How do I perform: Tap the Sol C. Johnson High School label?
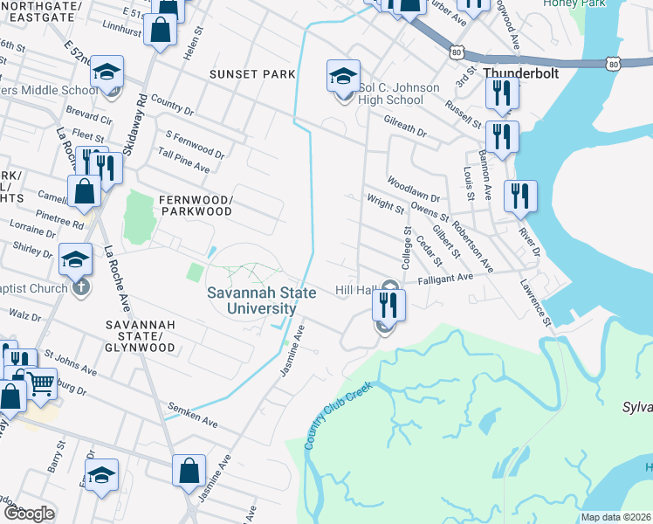pyautogui.click(x=390, y=93)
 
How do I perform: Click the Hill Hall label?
pyautogui.click(x=355, y=290)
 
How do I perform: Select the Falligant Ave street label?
pyautogui.click(x=444, y=279)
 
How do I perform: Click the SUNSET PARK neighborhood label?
pyautogui.click(x=252, y=74)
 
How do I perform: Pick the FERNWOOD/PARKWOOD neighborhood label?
pyautogui.click(x=196, y=205)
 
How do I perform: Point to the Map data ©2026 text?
pyautogui.click(x=615, y=517)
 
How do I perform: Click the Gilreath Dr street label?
pyautogui.click(x=404, y=129)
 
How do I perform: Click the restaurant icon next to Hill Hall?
pyautogui.click(x=388, y=305)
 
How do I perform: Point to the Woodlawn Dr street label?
pyautogui.click(x=414, y=187)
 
